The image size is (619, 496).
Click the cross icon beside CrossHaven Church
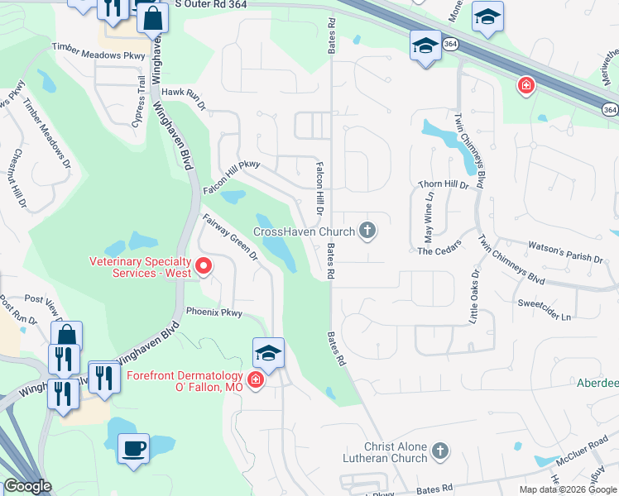coord(367,232)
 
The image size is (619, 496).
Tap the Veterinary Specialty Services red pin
coord(204,265)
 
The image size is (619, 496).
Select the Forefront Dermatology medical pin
coord(256,380)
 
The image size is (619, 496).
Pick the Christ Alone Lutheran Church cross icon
coord(440,451)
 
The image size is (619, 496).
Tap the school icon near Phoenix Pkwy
coord(268,354)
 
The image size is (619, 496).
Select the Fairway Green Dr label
coord(231,238)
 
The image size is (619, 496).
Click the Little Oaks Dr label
coord(474,294)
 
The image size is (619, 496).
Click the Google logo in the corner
coord(27,486)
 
